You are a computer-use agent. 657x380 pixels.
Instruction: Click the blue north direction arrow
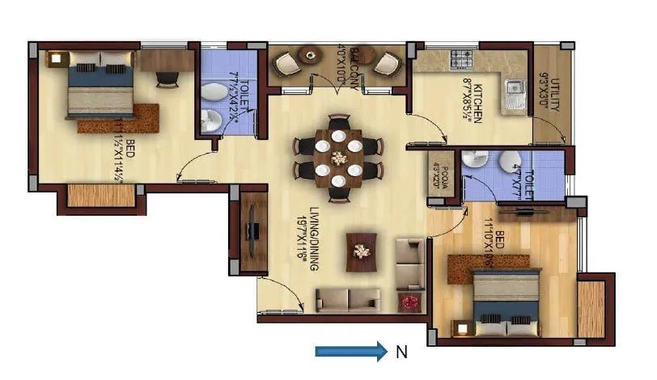(x=350, y=351)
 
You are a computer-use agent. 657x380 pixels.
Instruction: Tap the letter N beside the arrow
(x=401, y=352)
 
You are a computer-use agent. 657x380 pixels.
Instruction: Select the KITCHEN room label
(x=477, y=98)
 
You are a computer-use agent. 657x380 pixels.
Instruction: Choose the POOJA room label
(x=442, y=172)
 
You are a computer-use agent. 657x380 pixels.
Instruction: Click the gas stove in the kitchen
(x=463, y=59)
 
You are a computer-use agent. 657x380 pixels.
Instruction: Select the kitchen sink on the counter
(x=512, y=93)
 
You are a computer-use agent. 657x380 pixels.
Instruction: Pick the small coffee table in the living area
(x=361, y=252)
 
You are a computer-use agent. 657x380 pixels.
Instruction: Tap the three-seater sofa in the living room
(x=345, y=300)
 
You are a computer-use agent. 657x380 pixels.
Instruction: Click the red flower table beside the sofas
(x=409, y=301)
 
